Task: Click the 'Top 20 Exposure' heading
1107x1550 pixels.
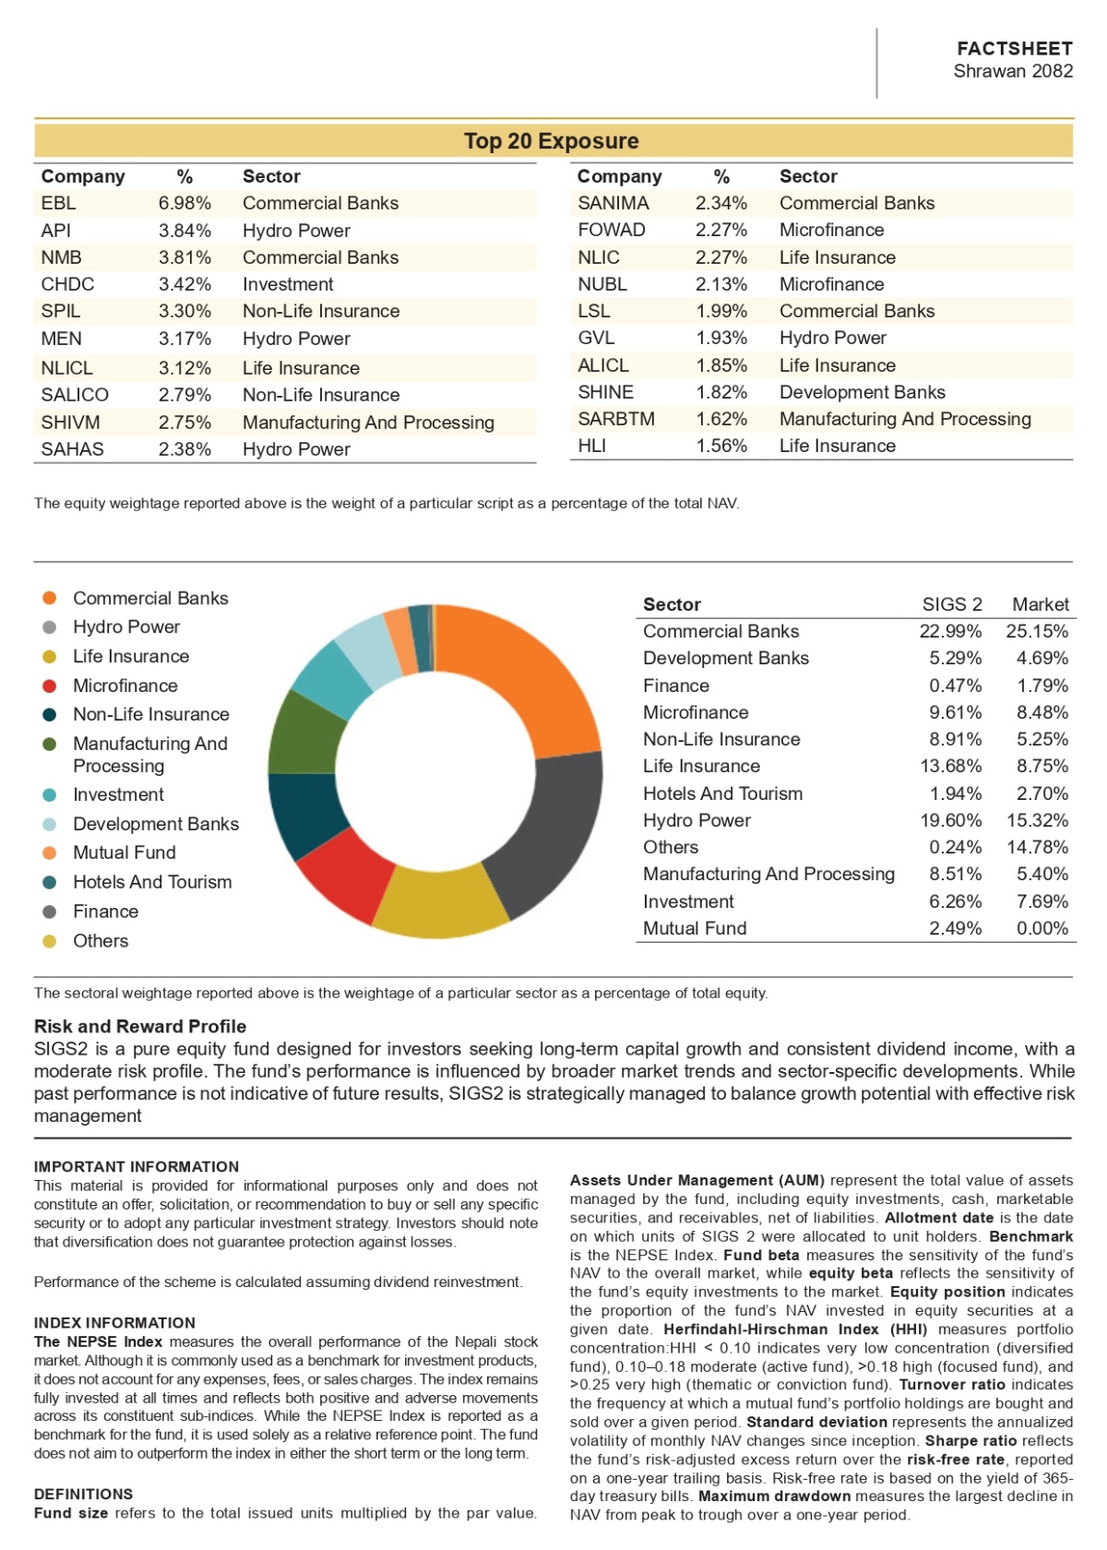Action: (551, 140)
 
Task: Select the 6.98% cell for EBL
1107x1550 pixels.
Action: (184, 203)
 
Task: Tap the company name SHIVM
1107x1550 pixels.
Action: (70, 423)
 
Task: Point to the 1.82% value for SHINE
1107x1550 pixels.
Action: (721, 391)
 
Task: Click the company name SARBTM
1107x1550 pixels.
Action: (616, 419)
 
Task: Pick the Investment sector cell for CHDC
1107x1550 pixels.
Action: (288, 284)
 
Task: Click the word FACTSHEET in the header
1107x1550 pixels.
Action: (1015, 48)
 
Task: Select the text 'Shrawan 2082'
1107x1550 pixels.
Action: (1013, 70)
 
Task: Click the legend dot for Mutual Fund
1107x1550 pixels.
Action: (49, 852)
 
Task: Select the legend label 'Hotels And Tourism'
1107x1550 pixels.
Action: (152, 882)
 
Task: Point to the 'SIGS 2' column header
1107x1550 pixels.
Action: (951, 604)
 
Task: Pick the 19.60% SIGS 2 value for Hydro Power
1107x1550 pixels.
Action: (950, 820)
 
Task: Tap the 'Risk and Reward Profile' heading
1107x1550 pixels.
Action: (140, 1026)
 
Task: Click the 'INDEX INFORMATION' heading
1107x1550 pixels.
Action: (114, 1322)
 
